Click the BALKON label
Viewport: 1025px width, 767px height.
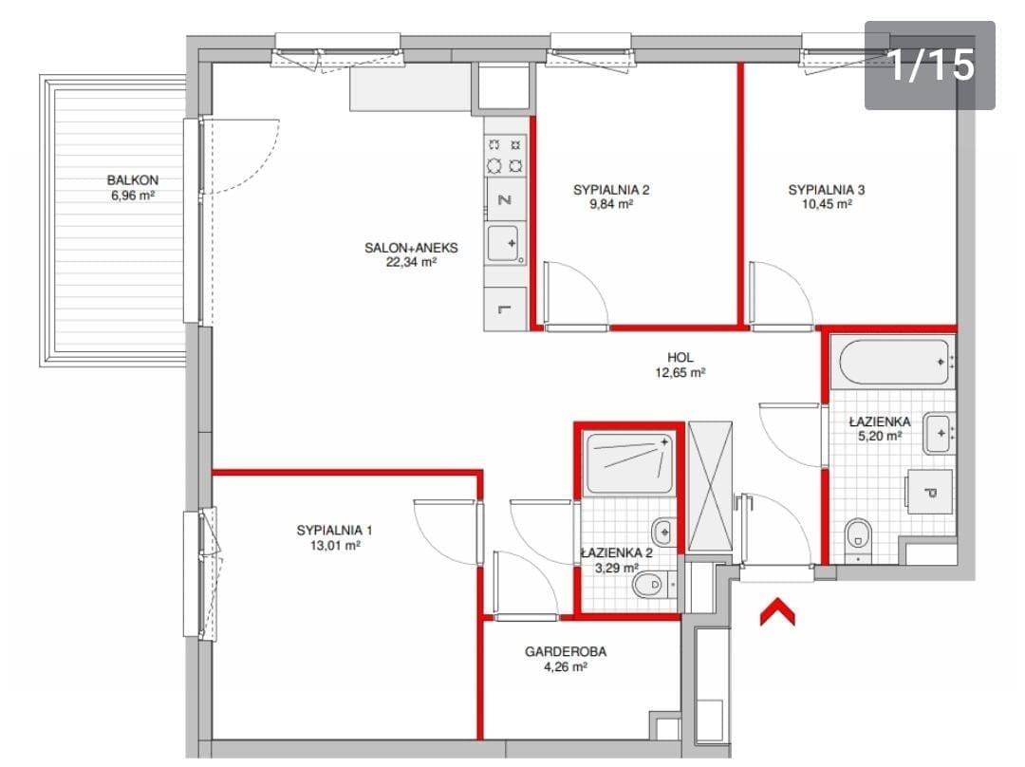[133, 179]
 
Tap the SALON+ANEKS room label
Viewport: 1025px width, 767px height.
[411, 248]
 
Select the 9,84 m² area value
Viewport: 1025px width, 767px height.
[611, 204]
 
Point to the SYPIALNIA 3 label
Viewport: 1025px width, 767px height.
[827, 190]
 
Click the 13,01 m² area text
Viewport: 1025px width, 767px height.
[335, 545]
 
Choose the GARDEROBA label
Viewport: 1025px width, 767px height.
[566, 651]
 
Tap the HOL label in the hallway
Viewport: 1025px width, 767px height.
[680, 358]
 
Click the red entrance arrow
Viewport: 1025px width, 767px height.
[777, 612]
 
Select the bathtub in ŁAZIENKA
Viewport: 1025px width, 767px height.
[894, 362]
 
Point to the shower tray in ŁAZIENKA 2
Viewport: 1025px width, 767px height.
[630, 463]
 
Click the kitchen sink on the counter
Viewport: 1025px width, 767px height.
[505, 245]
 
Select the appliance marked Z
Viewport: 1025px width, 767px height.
[505, 199]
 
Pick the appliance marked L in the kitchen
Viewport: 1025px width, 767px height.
[505, 309]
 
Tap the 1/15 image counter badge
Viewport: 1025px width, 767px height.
[929, 65]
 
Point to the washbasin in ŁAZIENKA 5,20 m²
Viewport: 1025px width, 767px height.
[939, 433]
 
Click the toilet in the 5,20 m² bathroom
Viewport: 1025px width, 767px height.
[858, 534]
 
